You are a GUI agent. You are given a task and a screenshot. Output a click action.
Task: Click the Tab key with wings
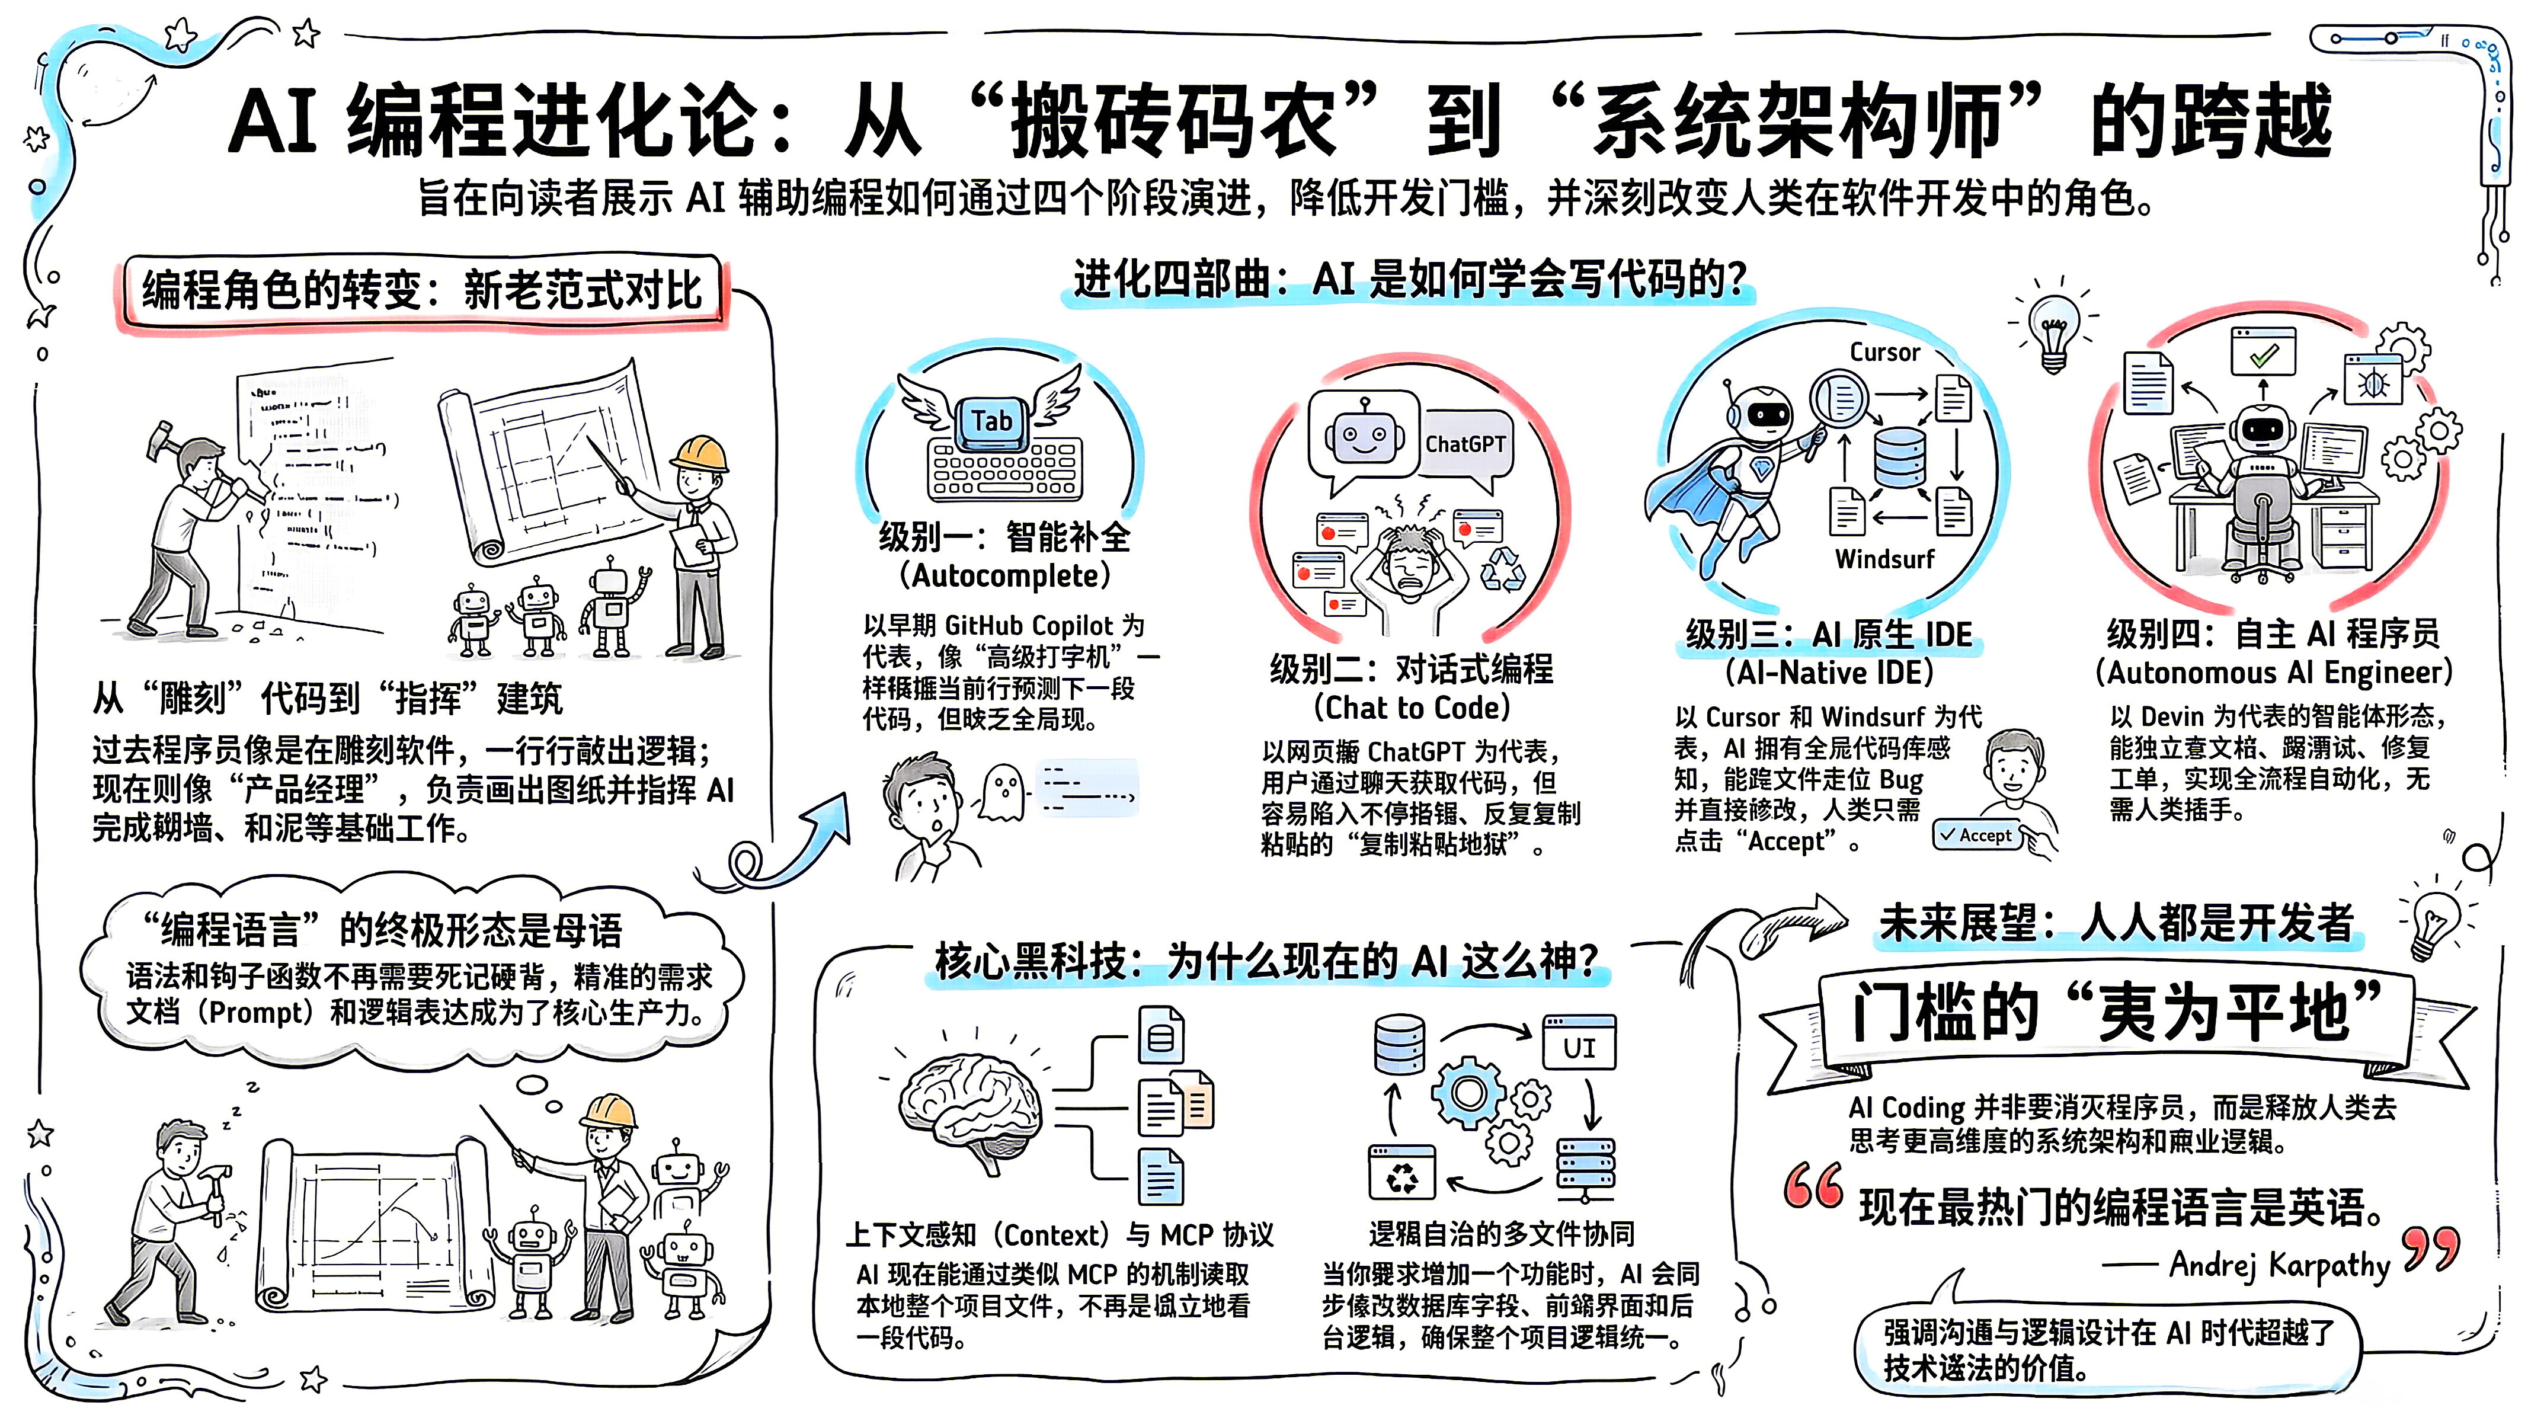[991, 421]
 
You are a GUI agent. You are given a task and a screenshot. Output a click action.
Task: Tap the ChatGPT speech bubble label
[1464, 444]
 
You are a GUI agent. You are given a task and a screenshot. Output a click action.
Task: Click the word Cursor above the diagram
[1884, 353]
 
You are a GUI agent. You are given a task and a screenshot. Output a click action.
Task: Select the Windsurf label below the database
[1884, 559]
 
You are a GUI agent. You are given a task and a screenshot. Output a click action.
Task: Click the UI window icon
[1579, 1044]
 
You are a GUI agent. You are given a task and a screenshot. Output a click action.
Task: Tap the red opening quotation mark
[1814, 1185]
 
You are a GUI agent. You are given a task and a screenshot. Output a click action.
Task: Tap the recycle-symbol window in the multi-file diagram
[1402, 1174]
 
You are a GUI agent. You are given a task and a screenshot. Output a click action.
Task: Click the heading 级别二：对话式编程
[1411, 670]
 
